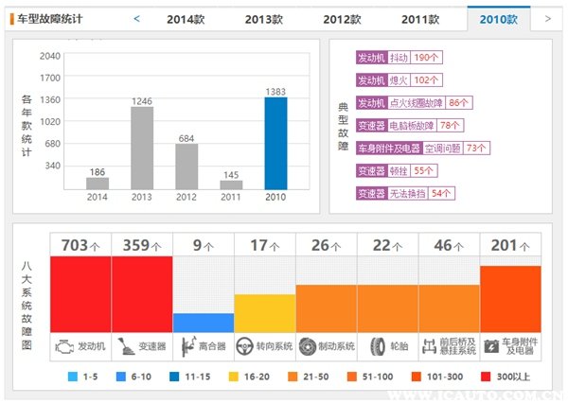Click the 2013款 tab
click(263, 19)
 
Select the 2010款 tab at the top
click(499, 19)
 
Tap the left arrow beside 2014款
click(136, 18)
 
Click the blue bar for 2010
click(275, 143)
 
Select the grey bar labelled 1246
click(142, 148)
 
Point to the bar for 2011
click(231, 184)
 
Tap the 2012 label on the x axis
click(186, 197)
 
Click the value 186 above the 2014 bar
click(98, 172)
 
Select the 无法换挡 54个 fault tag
click(406, 193)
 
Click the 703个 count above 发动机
click(80, 246)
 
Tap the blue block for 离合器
click(204, 323)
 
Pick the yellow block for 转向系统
click(265, 313)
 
